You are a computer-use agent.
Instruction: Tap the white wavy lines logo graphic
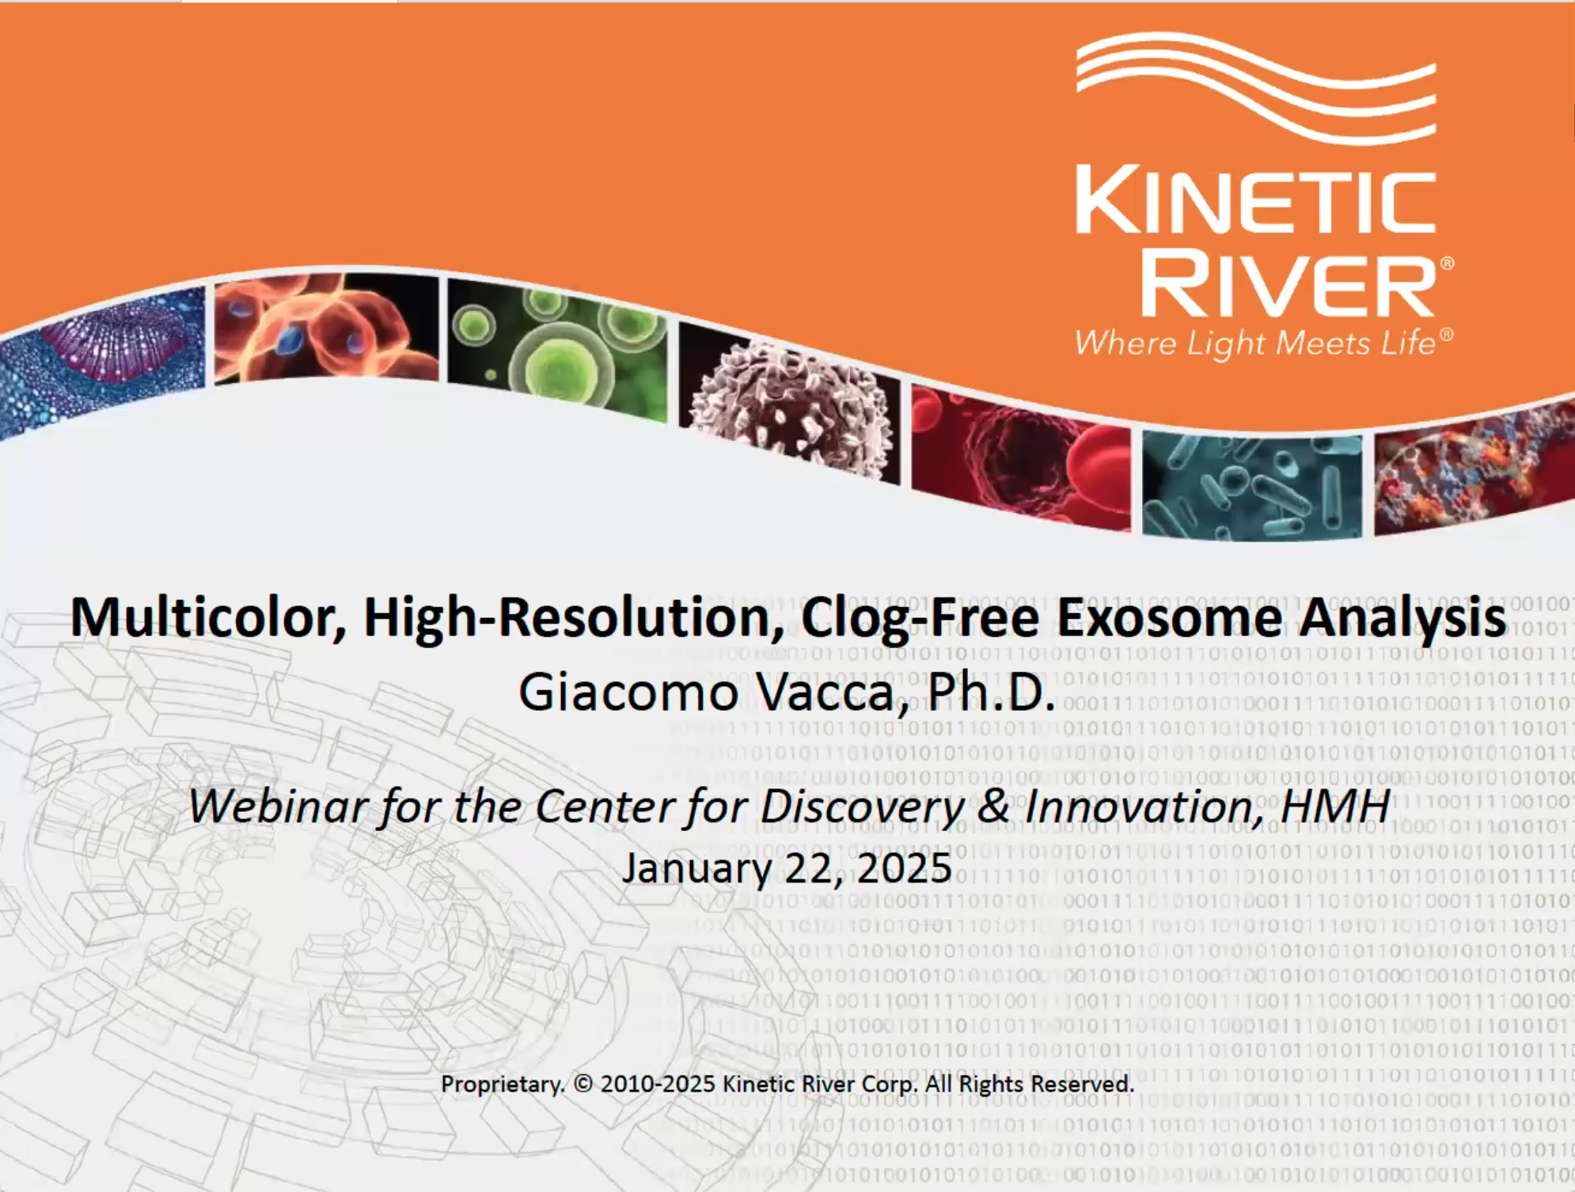[1256, 88]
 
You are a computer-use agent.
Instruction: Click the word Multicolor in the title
[208, 617]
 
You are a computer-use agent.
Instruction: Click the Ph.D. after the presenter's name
[992, 691]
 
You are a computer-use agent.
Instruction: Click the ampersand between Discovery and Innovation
[993, 807]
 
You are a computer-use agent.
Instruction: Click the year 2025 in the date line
[905, 868]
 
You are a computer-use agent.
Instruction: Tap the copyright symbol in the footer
[583, 1084]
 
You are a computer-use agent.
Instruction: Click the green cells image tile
[557, 347]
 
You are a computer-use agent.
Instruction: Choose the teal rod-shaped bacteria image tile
[1252, 484]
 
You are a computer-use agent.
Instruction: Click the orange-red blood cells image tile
[326, 327]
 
